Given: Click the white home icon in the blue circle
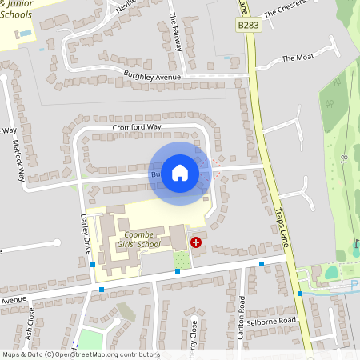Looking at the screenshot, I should coord(180,171).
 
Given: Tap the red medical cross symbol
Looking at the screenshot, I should coord(196,241).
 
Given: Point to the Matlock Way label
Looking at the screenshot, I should coord(18,152).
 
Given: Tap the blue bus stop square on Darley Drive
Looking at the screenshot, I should coord(94,265).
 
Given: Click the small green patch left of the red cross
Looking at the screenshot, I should coord(182,259).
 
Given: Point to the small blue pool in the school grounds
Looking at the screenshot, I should coord(26,34).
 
